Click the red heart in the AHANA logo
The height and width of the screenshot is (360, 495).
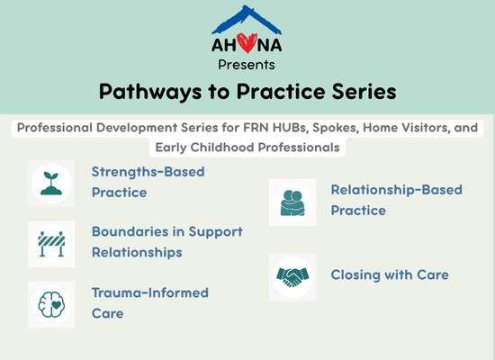point(247,43)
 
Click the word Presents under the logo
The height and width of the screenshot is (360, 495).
point(247,65)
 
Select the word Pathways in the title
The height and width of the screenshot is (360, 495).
point(150,92)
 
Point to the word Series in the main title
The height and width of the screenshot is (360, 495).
point(364,92)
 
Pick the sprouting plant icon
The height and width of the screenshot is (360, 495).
point(51,184)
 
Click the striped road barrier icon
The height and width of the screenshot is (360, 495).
point(51,244)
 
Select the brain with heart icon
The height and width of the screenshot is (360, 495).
point(51,304)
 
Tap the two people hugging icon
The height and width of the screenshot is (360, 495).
point(292,202)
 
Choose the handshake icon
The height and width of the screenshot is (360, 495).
point(292,277)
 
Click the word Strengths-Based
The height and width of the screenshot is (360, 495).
point(148,172)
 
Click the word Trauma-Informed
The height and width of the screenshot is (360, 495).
point(150,292)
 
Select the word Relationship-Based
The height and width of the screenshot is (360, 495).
point(397,190)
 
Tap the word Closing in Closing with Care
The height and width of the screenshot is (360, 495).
point(355,275)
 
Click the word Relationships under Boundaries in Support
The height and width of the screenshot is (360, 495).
point(137,253)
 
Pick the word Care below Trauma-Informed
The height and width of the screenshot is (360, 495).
point(108,313)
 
